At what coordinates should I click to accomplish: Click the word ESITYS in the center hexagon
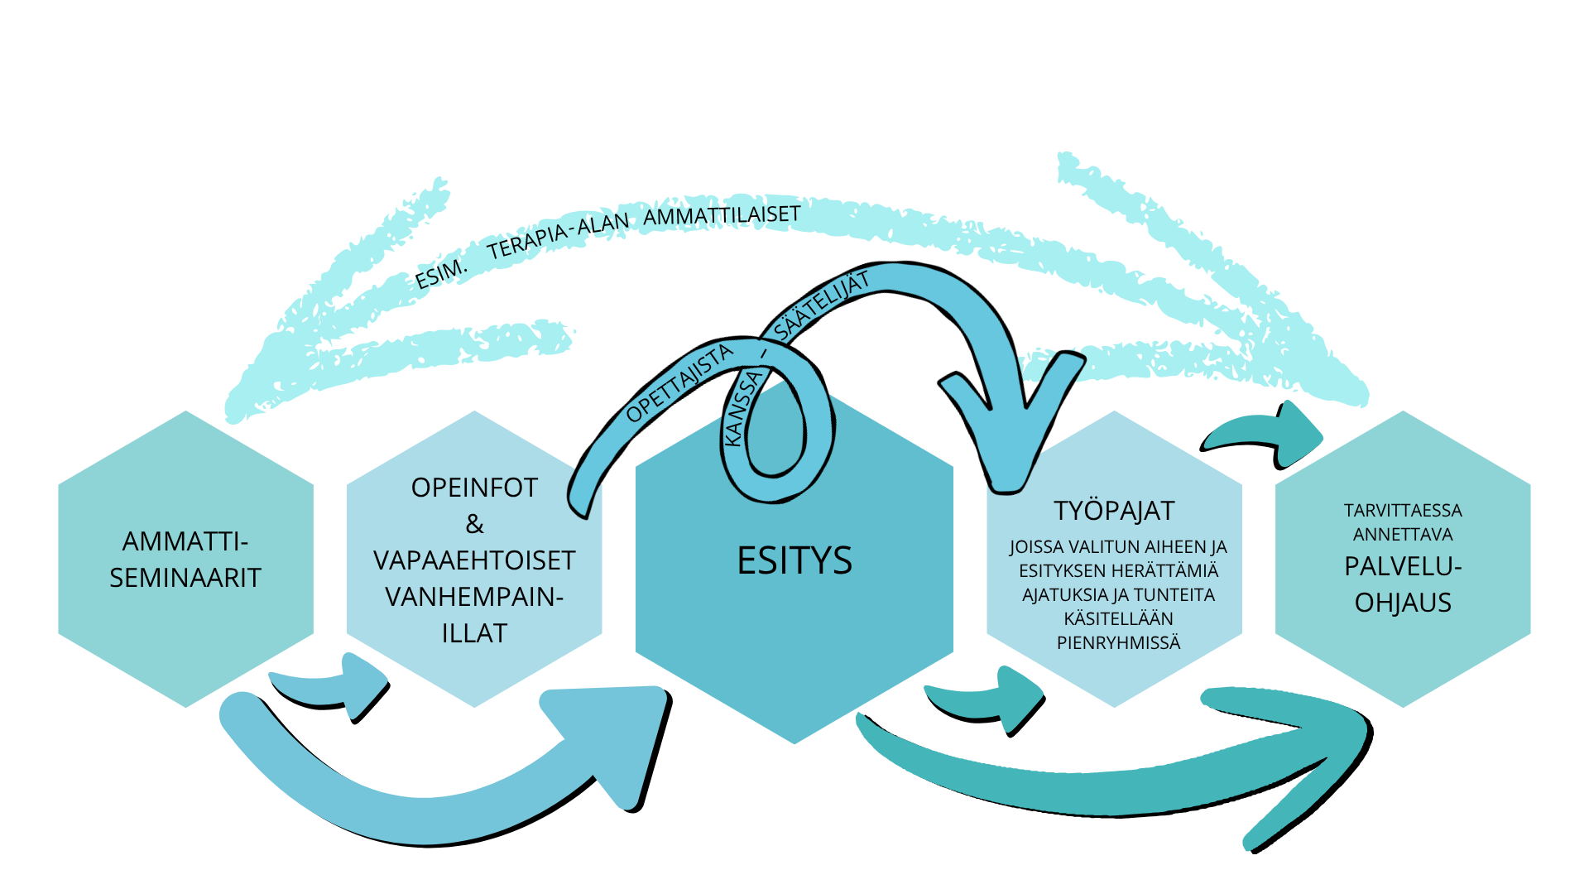pyautogui.click(x=794, y=560)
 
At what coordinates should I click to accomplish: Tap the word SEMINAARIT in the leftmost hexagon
pyautogui.click(x=185, y=578)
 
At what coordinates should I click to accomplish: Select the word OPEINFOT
pyautogui.click(x=474, y=488)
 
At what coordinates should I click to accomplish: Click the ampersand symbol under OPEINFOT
pyautogui.click(x=474, y=524)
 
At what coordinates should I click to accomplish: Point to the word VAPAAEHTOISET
pyautogui.click(x=474, y=560)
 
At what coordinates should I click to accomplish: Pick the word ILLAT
pyautogui.click(x=474, y=633)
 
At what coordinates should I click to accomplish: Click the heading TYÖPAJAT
pyautogui.click(x=1114, y=511)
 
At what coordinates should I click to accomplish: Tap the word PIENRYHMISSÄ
pyautogui.click(x=1118, y=642)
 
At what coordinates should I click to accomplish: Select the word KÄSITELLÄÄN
pyautogui.click(x=1118, y=618)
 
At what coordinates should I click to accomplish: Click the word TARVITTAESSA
pyautogui.click(x=1403, y=511)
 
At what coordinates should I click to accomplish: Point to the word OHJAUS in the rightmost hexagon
pyautogui.click(x=1403, y=603)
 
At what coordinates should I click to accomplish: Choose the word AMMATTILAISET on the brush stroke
pyautogui.click(x=722, y=216)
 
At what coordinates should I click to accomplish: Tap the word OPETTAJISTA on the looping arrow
pyautogui.click(x=679, y=382)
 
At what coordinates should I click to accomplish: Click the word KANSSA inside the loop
pyautogui.click(x=742, y=408)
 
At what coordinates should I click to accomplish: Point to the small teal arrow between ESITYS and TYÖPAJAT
pyautogui.click(x=985, y=700)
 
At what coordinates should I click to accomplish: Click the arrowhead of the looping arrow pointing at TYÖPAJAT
pyautogui.click(x=1010, y=430)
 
